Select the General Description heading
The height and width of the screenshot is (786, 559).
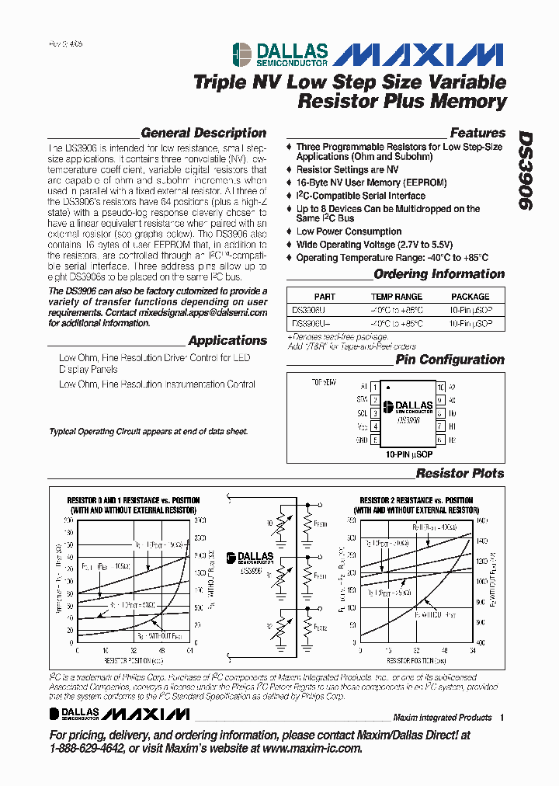click(x=203, y=133)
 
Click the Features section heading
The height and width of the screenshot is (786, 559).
click(x=477, y=133)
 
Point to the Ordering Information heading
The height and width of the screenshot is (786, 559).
click(x=439, y=273)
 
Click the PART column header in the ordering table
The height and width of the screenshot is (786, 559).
click(x=325, y=296)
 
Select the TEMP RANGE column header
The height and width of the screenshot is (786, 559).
click(x=397, y=296)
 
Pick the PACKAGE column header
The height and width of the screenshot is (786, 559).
click(x=470, y=296)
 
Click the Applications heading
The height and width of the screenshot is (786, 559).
click(x=227, y=340)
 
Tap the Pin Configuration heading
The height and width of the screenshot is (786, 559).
click(x=450, y=360)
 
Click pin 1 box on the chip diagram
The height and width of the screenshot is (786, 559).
click(x=374, y=387)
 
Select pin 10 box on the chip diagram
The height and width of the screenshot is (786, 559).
click(x=440, y=387)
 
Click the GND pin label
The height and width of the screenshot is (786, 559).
click(x=362, y=440)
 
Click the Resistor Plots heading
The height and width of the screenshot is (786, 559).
click(x=460, y=473)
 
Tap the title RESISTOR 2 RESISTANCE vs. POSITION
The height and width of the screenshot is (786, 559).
click(x=416, y=501)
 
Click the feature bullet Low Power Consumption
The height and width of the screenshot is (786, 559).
click(x=349, y=231)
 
